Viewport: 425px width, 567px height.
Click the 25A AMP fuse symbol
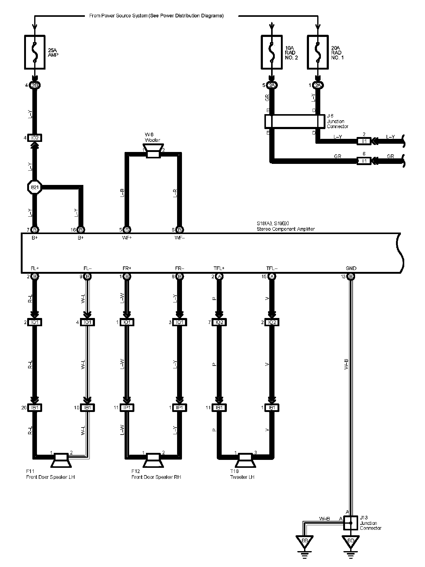point(35,52)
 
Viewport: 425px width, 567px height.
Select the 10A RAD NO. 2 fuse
point(272,52)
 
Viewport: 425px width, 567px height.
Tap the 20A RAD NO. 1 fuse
point(318,52)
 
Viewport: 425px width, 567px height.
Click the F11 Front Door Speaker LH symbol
point(61,460)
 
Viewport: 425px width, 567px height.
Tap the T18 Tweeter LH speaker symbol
point(245,460)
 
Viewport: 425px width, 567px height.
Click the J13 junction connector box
point(351,523)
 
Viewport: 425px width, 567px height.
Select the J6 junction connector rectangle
point(295,121)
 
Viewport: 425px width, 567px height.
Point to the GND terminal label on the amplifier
point(351,268)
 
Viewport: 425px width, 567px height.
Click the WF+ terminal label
point(127,237)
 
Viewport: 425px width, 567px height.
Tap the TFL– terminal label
point(272,268)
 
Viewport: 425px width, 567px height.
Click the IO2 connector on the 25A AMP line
point(35,138)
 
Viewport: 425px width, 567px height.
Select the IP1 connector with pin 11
point(127,407)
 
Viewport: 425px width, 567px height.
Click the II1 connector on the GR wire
point(364,161)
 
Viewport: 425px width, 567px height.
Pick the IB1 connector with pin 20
point(35,407)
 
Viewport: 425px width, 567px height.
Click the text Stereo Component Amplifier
point(286,229)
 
